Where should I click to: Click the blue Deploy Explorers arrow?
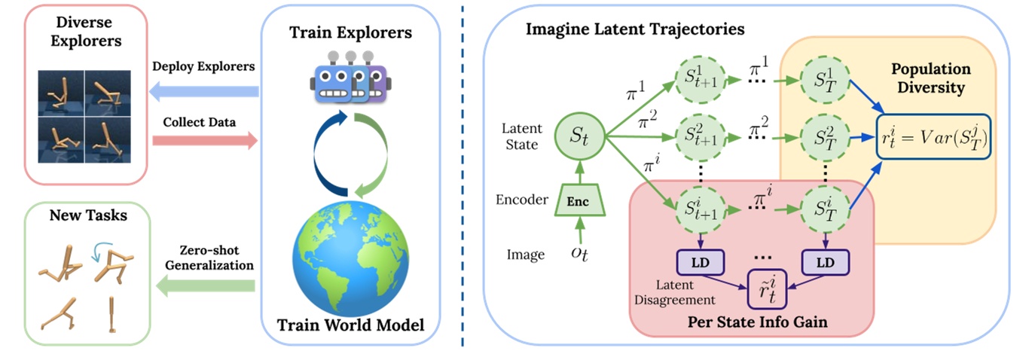pyautogui.click(x=203, y=90)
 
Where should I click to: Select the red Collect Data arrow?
pyautogui.click(x=203, y=141)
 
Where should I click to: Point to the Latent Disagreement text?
pyautogui.click(x=673, y=292)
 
